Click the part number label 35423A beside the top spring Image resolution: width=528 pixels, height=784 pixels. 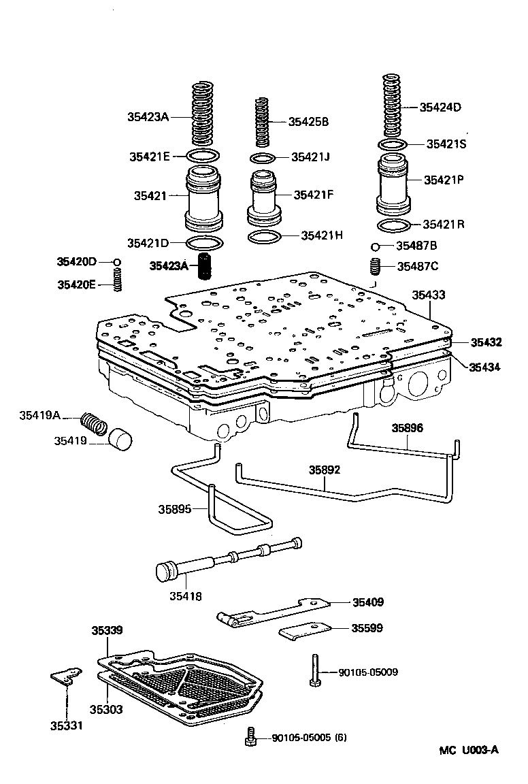click(x=148, y=116)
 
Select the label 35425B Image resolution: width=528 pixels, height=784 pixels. click(x=308, y=122)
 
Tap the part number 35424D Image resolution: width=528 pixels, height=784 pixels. click(x=440, y=107)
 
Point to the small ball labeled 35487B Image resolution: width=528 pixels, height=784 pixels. click(x=375, y=246)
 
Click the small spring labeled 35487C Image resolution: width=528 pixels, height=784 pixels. click(x=374, y=265)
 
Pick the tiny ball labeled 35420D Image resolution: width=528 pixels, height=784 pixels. click(x=117, y=262)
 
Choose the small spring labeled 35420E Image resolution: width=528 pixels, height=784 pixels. click(x=117, y=279)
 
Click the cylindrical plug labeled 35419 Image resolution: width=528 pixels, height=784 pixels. click(x=120, y=440)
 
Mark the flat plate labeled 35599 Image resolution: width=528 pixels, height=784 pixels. click(x=305, y=631)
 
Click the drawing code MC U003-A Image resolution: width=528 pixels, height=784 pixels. click(x=468, y=750)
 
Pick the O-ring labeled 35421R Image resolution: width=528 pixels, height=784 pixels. click(x=393, y=226)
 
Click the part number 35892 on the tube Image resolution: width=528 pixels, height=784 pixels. click(x=325, y=470)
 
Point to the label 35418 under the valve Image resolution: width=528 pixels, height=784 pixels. click(x=186, y=596)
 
